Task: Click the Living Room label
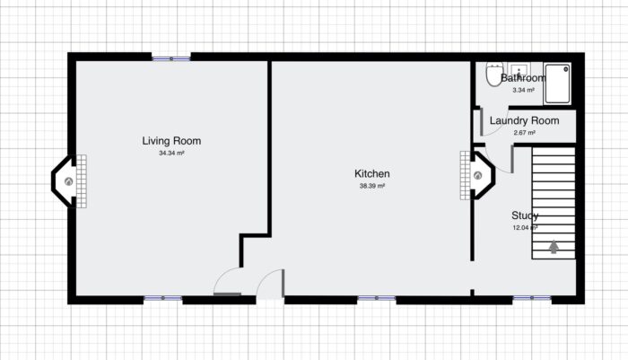pyautogui.click(x=171, y=141)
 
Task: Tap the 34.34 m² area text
pyautogui.click(x=171, y=154)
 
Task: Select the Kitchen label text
pyautogui.click(x=372, y=174)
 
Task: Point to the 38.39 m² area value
pyautogui.click(x=372, y=187)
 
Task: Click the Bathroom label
pyautogui.click(x=523, y=79)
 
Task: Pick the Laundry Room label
pyautogui.click(x=524, y=121)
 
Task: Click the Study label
pyautogui.click(x=525, y=215)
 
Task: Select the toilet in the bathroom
pyautogui.click(x=493, y=75)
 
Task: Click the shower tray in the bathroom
pyautogui.click(x=558, y=81)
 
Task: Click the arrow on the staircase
pyautogui.click(x=554, y=245)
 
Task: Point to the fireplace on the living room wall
pyautogui.click(x=65, y=181)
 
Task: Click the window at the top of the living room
pyautogui.click(x=170, y=58)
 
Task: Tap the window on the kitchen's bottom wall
pyautogui.click(x=376, y=298)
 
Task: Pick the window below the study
pyautogui.click(x=532, y=298)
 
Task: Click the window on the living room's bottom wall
pyautogui.click(x=162, y=298)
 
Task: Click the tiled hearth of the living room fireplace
pyautogui.click(x=81, y=181)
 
